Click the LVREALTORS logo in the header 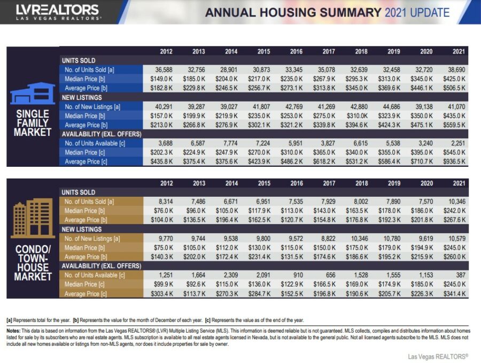(x=58, y=12)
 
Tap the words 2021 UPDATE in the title (x=417, y=13)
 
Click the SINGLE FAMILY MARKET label (x=33, y=122)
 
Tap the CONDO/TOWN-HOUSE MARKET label (x=33, y=262)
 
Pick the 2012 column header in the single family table (x=166, y=51)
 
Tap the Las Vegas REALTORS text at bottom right (x=438, y=357)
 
